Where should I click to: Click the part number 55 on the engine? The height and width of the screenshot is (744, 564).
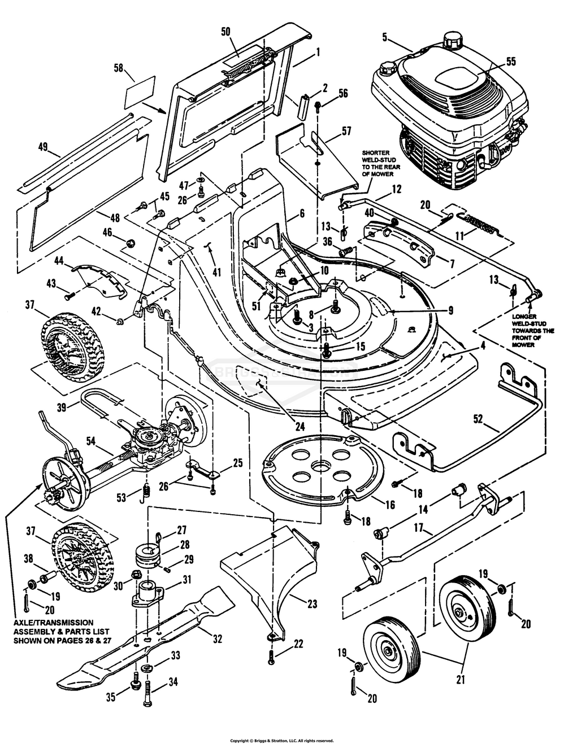(x=510, y=63)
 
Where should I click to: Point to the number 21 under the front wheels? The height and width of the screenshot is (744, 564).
(x=460, y=680)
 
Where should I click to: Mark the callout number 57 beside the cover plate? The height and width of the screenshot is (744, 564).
(x=346, y=132)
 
